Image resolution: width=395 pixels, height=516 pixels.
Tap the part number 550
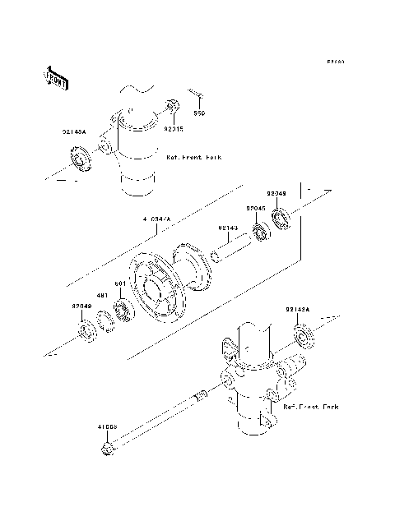point(199,113)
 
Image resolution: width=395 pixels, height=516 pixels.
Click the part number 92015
point(173,129)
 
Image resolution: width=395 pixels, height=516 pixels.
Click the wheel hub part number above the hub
point(156,219)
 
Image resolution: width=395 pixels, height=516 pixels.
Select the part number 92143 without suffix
point(229,228)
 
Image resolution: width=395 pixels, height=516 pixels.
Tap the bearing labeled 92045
point(262,233)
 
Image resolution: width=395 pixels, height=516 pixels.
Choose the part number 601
point(119,283)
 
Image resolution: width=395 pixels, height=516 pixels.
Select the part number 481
point(103,296)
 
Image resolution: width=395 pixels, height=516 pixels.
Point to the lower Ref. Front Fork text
point(311,406)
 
